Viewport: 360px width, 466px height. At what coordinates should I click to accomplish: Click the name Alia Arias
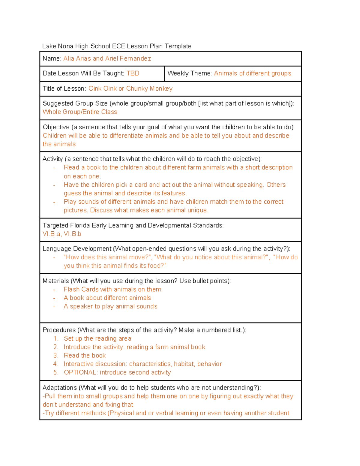pos(77,59)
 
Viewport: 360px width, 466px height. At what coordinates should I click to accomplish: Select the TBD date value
pos(133,74)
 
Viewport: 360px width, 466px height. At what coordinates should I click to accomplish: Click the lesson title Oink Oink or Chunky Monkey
pos(130,89)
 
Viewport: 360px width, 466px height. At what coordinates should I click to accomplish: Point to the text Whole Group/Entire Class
pos(80,112)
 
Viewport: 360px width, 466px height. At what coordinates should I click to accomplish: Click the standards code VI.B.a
pos(51,234)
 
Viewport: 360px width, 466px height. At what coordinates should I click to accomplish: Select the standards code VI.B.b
pos(72,234)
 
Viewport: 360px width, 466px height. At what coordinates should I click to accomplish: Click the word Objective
pos(56,127)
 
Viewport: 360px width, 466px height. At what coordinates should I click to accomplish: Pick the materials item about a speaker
pos(110,306)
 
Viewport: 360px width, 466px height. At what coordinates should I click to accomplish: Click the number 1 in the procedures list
pos(55,339)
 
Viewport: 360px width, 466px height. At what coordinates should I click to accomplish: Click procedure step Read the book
pos(85,356)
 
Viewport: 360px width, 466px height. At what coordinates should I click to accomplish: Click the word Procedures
pos(59,330)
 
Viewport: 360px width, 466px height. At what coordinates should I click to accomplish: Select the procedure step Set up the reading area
pos(97,339)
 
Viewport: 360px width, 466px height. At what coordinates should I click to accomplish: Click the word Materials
pos(56,281)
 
